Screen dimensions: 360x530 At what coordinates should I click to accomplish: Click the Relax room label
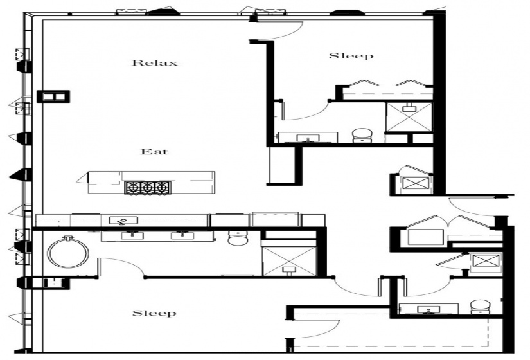tap(154, 63)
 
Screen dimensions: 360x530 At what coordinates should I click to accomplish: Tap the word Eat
tap(154, 152)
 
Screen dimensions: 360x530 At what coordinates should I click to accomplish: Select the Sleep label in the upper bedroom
tap(351, 56)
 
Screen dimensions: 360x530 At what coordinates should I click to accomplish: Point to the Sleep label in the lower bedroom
tap(154, 313)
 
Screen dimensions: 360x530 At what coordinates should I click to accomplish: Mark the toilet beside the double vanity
tap(238, 239)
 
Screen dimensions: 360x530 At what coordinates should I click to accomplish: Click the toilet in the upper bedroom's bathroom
tap(362, 136)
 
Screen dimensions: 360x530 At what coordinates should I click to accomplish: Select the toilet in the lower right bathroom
tap(479, 307)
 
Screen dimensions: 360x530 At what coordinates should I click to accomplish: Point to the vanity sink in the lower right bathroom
tap(427, 310)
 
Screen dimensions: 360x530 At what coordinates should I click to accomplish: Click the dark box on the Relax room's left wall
tap(53, 96)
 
